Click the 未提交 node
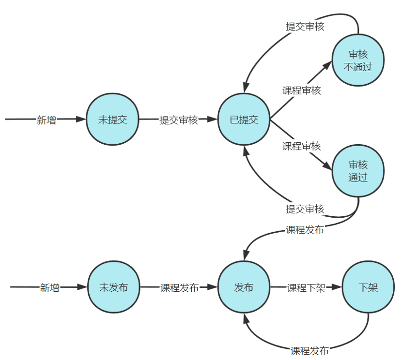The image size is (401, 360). [x=112, y=120]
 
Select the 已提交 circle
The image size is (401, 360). [x=244, y=120]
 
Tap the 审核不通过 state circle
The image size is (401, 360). [x=358, y=60]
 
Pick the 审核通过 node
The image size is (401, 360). [x=358, y=171]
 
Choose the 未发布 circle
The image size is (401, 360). [x=113, y=287]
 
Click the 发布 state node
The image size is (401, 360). [x=244, y=287]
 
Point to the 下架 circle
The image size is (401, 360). [x=368, y=287]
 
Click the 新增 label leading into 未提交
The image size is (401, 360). [x=46, y=120]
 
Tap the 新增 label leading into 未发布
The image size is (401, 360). [x=49, y=288]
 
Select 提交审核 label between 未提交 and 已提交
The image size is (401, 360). [x=179, y=120]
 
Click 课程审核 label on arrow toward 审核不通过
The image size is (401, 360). [x=302, y=90]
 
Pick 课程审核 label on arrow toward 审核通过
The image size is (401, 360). [x=302, y=146]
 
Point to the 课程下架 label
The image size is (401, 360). [x=307, y=288]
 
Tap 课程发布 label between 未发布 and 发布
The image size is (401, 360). [x=180, y=288]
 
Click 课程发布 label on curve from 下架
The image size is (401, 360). [x=309, y=350]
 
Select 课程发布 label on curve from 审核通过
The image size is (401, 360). [x=305, y=230]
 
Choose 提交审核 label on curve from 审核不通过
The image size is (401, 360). [x=305, y=26]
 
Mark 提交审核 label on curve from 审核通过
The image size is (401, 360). [x=305, y=209]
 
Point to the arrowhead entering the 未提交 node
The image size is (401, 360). [x=81, y=119]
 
